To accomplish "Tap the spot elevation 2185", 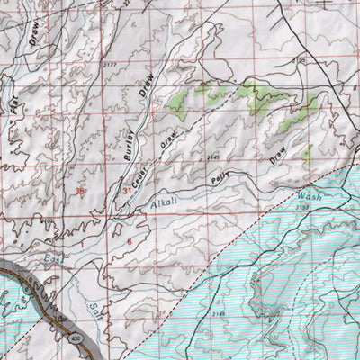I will (274, 61).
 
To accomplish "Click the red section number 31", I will (127, 192).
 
